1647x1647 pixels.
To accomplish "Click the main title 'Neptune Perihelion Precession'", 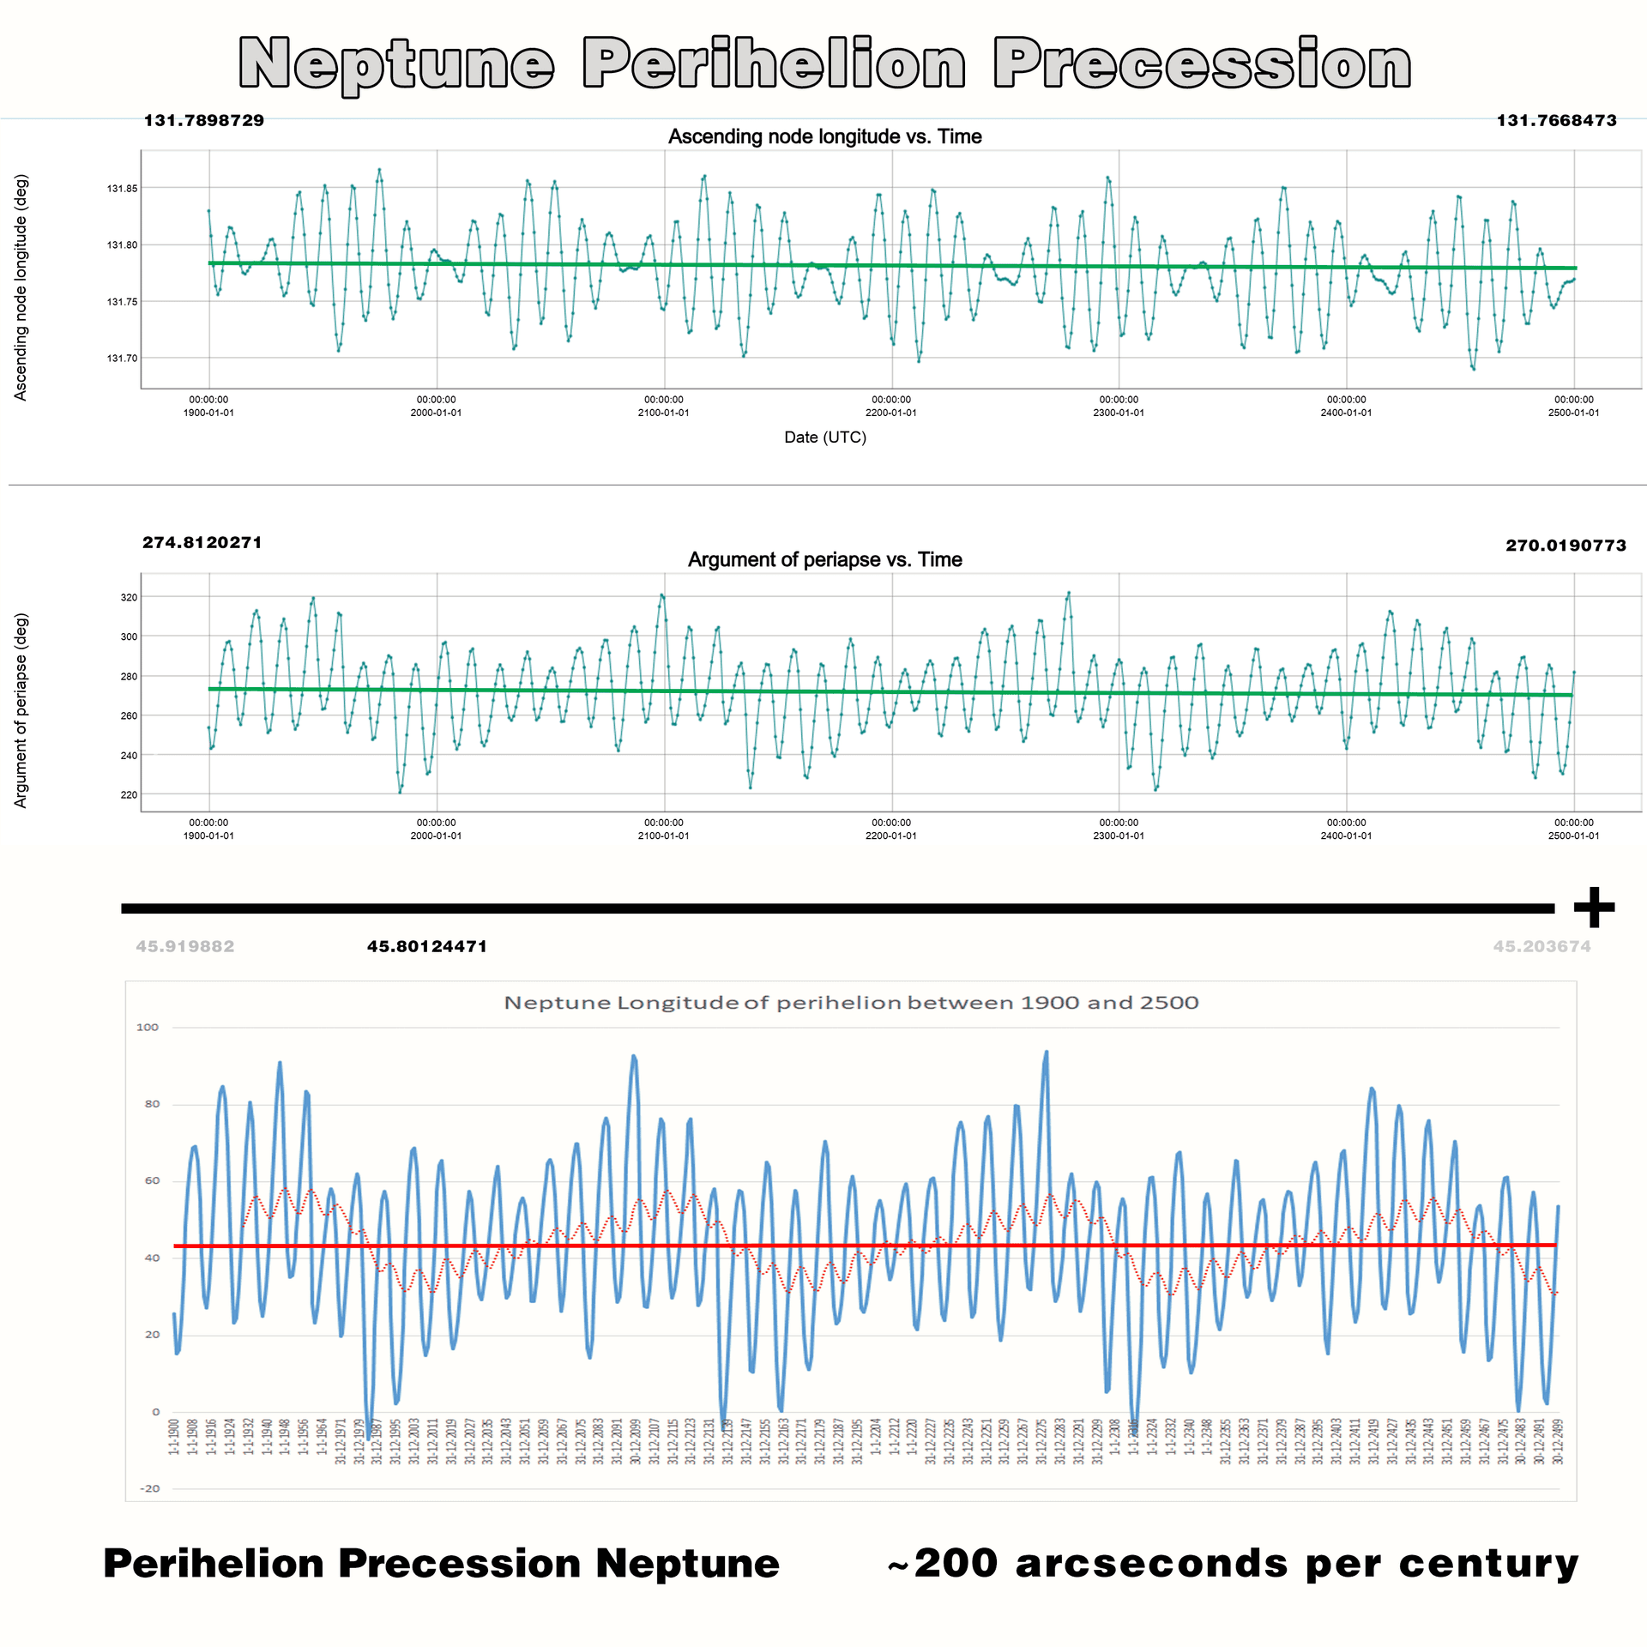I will pos(823,63).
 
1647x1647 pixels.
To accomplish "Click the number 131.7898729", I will pos(204,121).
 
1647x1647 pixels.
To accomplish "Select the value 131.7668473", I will pos(1556,121).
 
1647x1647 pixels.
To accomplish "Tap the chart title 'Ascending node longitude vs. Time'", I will pos(824,136).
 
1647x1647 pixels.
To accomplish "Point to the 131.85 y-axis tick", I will pos(122,188).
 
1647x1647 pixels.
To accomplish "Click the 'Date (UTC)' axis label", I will pos(825,437).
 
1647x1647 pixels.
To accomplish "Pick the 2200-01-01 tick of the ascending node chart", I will pos(891,407).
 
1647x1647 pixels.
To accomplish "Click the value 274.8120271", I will pos(202,543).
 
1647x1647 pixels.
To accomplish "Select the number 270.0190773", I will pos(1566,546).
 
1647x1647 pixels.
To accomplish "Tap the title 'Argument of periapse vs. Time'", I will pos(824,560).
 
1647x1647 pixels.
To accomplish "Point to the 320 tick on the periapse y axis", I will pos(129,597).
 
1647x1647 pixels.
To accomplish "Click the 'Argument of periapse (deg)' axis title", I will pos(21,710).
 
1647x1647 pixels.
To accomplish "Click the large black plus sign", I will pos(1594,908).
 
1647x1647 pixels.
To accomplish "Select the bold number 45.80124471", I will pos(427,947).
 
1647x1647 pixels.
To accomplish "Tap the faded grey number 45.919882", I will pos(185,947).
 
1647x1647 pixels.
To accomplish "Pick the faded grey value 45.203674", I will pos(1541,947).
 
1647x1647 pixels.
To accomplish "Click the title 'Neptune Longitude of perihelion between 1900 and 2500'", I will pos(851,1003).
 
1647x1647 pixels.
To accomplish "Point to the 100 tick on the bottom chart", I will pos(148,1028).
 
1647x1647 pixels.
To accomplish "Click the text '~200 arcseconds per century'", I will pos(1233,1564).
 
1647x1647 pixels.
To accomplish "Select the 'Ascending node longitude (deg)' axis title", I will pos(21,287).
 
